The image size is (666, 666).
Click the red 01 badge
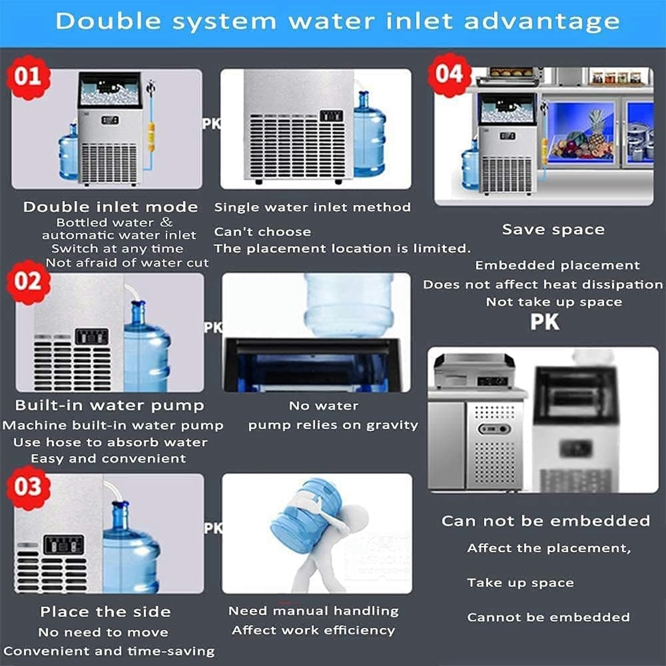click(28, 77)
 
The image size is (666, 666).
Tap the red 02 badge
click(28, 282)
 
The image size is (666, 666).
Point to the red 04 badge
click(449, 74)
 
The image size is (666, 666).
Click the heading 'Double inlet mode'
click(110, 207)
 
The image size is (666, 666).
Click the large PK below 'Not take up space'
click(545, 322)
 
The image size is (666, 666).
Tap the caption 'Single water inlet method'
click(312, 207)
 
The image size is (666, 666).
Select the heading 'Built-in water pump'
click(110, 405)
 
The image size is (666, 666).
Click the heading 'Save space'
click(553, 229)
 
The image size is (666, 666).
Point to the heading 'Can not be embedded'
click(546, 520)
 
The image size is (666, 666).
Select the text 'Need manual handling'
click(313, 611)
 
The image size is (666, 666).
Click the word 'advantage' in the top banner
click(542, 21)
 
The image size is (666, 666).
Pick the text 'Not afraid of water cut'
click(127, 263)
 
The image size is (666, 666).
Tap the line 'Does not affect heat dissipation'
click(543, 284)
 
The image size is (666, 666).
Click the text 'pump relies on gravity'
click(333, 425)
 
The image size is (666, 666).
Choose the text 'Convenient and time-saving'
click(109, 651)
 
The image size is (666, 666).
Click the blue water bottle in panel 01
click(68, 152)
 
